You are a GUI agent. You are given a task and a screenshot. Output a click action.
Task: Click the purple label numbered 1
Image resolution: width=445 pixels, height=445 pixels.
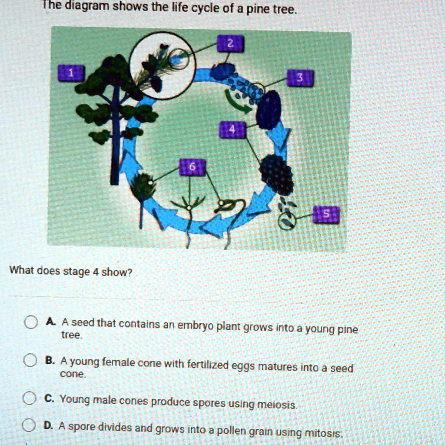tap(72, 73)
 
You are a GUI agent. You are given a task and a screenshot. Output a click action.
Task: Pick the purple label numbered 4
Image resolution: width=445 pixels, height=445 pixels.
tap(232, 130)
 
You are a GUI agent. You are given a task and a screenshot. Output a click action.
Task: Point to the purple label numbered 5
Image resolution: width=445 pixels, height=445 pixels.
tap(326, 214)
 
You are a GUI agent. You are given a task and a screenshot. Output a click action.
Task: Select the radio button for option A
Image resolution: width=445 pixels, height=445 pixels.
tap(30, 322)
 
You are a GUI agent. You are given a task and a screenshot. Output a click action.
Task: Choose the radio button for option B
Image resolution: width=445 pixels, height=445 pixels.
tap(30, 361)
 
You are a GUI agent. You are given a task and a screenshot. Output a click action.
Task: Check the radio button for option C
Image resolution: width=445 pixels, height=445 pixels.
tap(30, 399)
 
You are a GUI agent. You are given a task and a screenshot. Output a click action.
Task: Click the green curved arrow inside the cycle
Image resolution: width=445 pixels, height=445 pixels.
tap(237, 102)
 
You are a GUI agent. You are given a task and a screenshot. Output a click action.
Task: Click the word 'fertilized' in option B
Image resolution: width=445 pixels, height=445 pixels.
tap(206, 364)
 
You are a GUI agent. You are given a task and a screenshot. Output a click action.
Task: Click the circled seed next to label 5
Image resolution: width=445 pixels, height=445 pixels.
tap(287, 220)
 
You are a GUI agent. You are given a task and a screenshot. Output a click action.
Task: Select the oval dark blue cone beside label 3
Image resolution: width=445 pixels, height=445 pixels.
tap(269, 110)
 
